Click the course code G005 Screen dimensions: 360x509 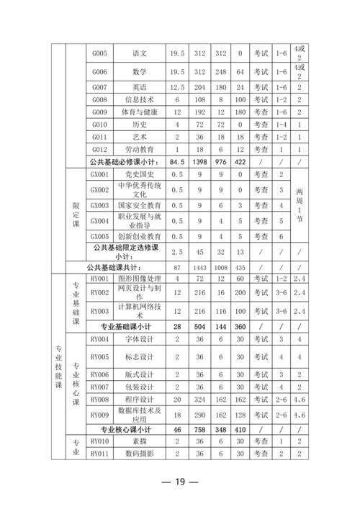pos(100,53)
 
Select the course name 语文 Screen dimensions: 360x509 pos(140,53)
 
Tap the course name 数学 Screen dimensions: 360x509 pos(140,72)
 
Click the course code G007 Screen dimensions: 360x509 pos(100,87)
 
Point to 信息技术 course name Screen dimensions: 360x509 pos(140,99)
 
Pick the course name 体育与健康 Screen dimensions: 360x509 pos(140,112)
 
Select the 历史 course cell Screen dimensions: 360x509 pos(140,125)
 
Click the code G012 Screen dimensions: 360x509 pos(100,149)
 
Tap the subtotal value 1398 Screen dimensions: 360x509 pos(200,162)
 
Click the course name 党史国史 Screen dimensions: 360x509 pos(140,175)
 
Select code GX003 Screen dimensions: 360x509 pos(100,206)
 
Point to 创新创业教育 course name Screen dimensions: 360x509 pos(140,236)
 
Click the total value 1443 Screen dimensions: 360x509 pos(200,267)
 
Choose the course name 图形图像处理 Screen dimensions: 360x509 pos(140,279)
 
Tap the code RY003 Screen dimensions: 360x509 pos(100,311)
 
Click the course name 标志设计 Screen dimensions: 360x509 pos(140,356)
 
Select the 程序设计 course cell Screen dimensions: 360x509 pos(140,400)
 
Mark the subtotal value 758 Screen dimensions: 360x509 pos(200,429)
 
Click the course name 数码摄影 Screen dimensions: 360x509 pos(140,454)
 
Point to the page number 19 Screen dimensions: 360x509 pos(180,482)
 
